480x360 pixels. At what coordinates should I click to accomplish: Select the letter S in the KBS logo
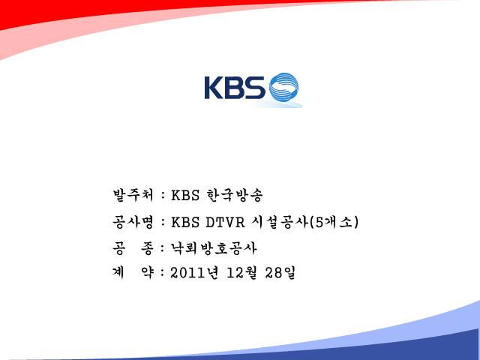pyautogui.click(x=255, y=88)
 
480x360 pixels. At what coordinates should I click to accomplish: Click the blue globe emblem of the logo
pyautogui.click(x=283, y=87)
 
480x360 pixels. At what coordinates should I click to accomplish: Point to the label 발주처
pyautogui.click(x=133, y=195)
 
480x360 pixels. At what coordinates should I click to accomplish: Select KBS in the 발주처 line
pyautogui.click(x=185, y=195)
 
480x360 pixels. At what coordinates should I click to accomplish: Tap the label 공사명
pyautogui.click(x=133, y=222)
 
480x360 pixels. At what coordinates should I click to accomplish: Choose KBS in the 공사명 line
pyautogui.click(x=185, y=223)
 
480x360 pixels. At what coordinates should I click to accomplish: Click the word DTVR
pyautogui.click(x=225, y=223)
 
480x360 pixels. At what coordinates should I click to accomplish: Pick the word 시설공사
pyautogui.click(x=279, y=222)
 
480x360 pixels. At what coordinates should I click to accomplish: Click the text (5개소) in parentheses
pyautogui.click(x=334, y=222)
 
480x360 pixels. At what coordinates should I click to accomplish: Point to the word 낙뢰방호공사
pyautogui.click(x=213, y=248)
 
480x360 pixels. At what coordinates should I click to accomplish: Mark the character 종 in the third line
pyautogui.click(x=147, y=248)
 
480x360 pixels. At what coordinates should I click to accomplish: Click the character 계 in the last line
pyautogui.click(x=118, y=272)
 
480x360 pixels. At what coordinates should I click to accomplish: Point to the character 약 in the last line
pyautogui.click(x=147, y=272)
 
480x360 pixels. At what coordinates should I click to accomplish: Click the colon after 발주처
pyautogui.click(x=163, y=196)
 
